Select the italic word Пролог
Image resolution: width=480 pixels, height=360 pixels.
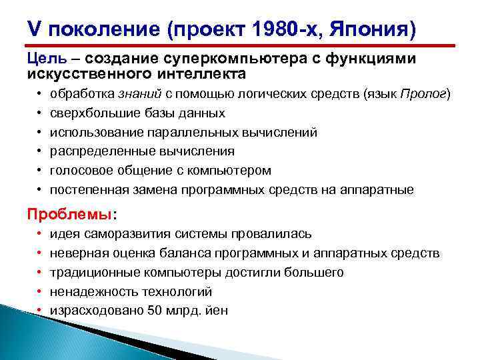click(x=423, y=95)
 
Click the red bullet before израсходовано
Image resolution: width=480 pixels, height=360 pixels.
click(x=40, y=311)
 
